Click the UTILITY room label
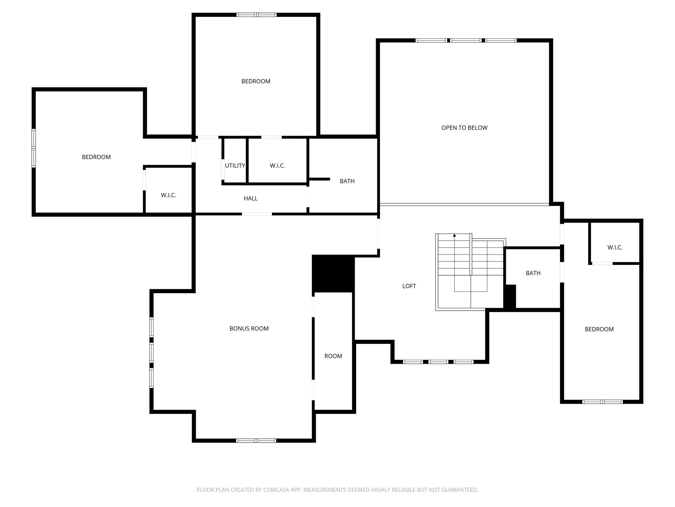[x=235, y=166]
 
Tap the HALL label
[x=250, y=198]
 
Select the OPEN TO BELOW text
[x=464, y=128]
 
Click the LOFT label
[x=409, y=286]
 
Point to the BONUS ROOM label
[x=249, y=328]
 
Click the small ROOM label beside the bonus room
[x=333, y=356]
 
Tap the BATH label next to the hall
[x=347, y=181]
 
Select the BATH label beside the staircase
[x=533, y=273]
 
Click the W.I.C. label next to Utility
[x=277, y=166]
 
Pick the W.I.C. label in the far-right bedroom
[x=615, y=248]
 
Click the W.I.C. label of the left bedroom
[x=168, y=195]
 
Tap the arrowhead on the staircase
[x=455, y=235]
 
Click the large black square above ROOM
[x=333, y=273]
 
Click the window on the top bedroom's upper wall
[x=256, y=15]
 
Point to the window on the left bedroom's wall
[x=34, y=148]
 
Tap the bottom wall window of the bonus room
[x=256, y=440]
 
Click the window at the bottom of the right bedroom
[x=602, y=402]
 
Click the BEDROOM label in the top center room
[x=256, y=81]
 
